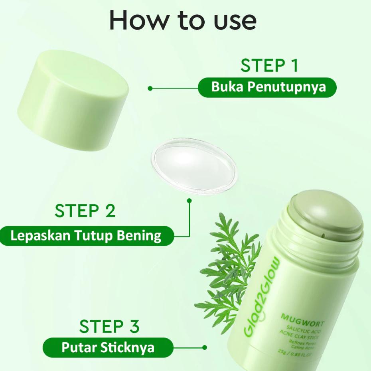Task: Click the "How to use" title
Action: click(x=183, y=20)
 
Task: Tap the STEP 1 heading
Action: click(x=269, y=66)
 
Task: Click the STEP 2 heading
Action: click(x=85, y=211)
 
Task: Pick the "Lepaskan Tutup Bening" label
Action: click(x=86, y=235)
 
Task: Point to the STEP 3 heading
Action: click(x=109, y=326)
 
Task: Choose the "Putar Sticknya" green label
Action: click(x=108, y=347)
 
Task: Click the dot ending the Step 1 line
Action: click(x=150, y=88)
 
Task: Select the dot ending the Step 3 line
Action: click(x=205, y=347)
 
